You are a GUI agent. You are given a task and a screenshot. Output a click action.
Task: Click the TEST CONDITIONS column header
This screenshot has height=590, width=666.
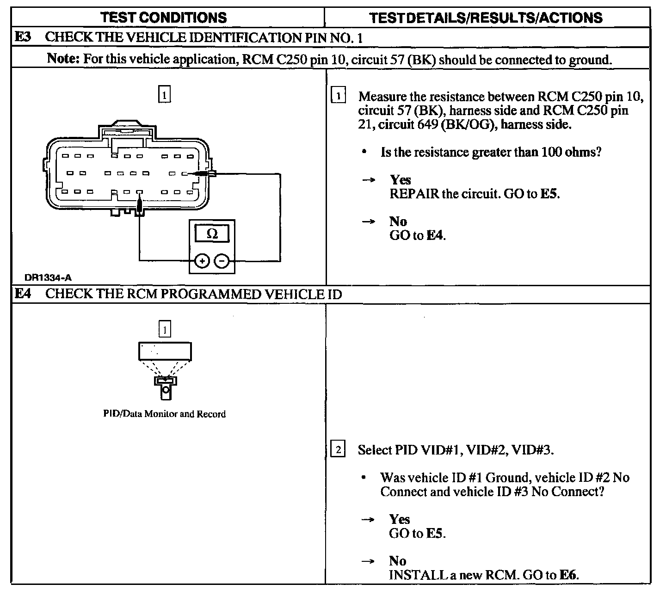coord(164,18)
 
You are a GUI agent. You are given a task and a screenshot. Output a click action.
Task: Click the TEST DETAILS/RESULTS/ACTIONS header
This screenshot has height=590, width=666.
coord(486,18)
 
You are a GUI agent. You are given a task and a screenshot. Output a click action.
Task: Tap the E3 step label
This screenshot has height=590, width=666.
coord(23,37)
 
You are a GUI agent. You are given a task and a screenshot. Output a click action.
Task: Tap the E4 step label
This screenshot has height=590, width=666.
coord(23,294)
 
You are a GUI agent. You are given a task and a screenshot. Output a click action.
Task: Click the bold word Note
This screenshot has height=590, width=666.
coord(64,59)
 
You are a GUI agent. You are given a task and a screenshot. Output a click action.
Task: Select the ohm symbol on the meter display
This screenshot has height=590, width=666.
coord(212,234)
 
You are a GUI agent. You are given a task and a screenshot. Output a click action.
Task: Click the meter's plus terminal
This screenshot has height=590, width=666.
coord(202,261)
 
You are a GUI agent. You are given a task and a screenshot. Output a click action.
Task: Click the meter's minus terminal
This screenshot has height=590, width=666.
coord(222,261)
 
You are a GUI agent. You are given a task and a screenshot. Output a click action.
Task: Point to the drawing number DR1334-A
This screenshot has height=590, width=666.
coord(48,277)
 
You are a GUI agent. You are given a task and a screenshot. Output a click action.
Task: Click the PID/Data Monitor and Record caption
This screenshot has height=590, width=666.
coord(164,414)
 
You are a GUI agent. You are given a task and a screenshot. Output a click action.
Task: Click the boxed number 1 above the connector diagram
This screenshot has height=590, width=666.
coord(164,94)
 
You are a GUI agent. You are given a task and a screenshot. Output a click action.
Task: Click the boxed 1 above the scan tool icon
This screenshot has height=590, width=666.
coord(165,329)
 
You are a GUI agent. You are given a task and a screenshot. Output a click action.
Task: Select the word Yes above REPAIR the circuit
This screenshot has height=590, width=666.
coord(400,179)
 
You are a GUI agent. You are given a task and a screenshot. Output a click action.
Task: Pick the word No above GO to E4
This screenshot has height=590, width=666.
coord(398,221)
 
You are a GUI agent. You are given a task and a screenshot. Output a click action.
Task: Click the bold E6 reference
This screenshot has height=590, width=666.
coord(568,575)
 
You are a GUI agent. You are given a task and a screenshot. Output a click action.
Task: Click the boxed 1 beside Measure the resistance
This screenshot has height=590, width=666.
coord(339,96)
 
